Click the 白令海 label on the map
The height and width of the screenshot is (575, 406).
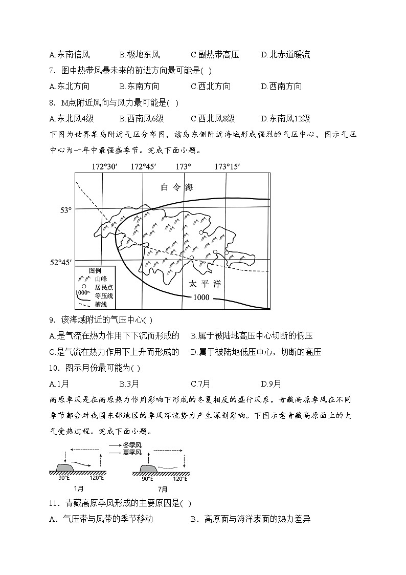[177, 187]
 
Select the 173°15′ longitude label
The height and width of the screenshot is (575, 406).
[227, 166]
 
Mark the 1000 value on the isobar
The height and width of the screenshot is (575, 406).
[201, 297]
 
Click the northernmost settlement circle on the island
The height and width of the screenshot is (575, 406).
[201, 232]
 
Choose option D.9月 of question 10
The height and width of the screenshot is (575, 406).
[271, 384]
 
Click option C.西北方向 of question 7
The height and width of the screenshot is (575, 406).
[211, 87]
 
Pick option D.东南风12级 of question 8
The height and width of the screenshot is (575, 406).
[285, 118]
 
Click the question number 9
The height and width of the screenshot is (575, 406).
[52, 320]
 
